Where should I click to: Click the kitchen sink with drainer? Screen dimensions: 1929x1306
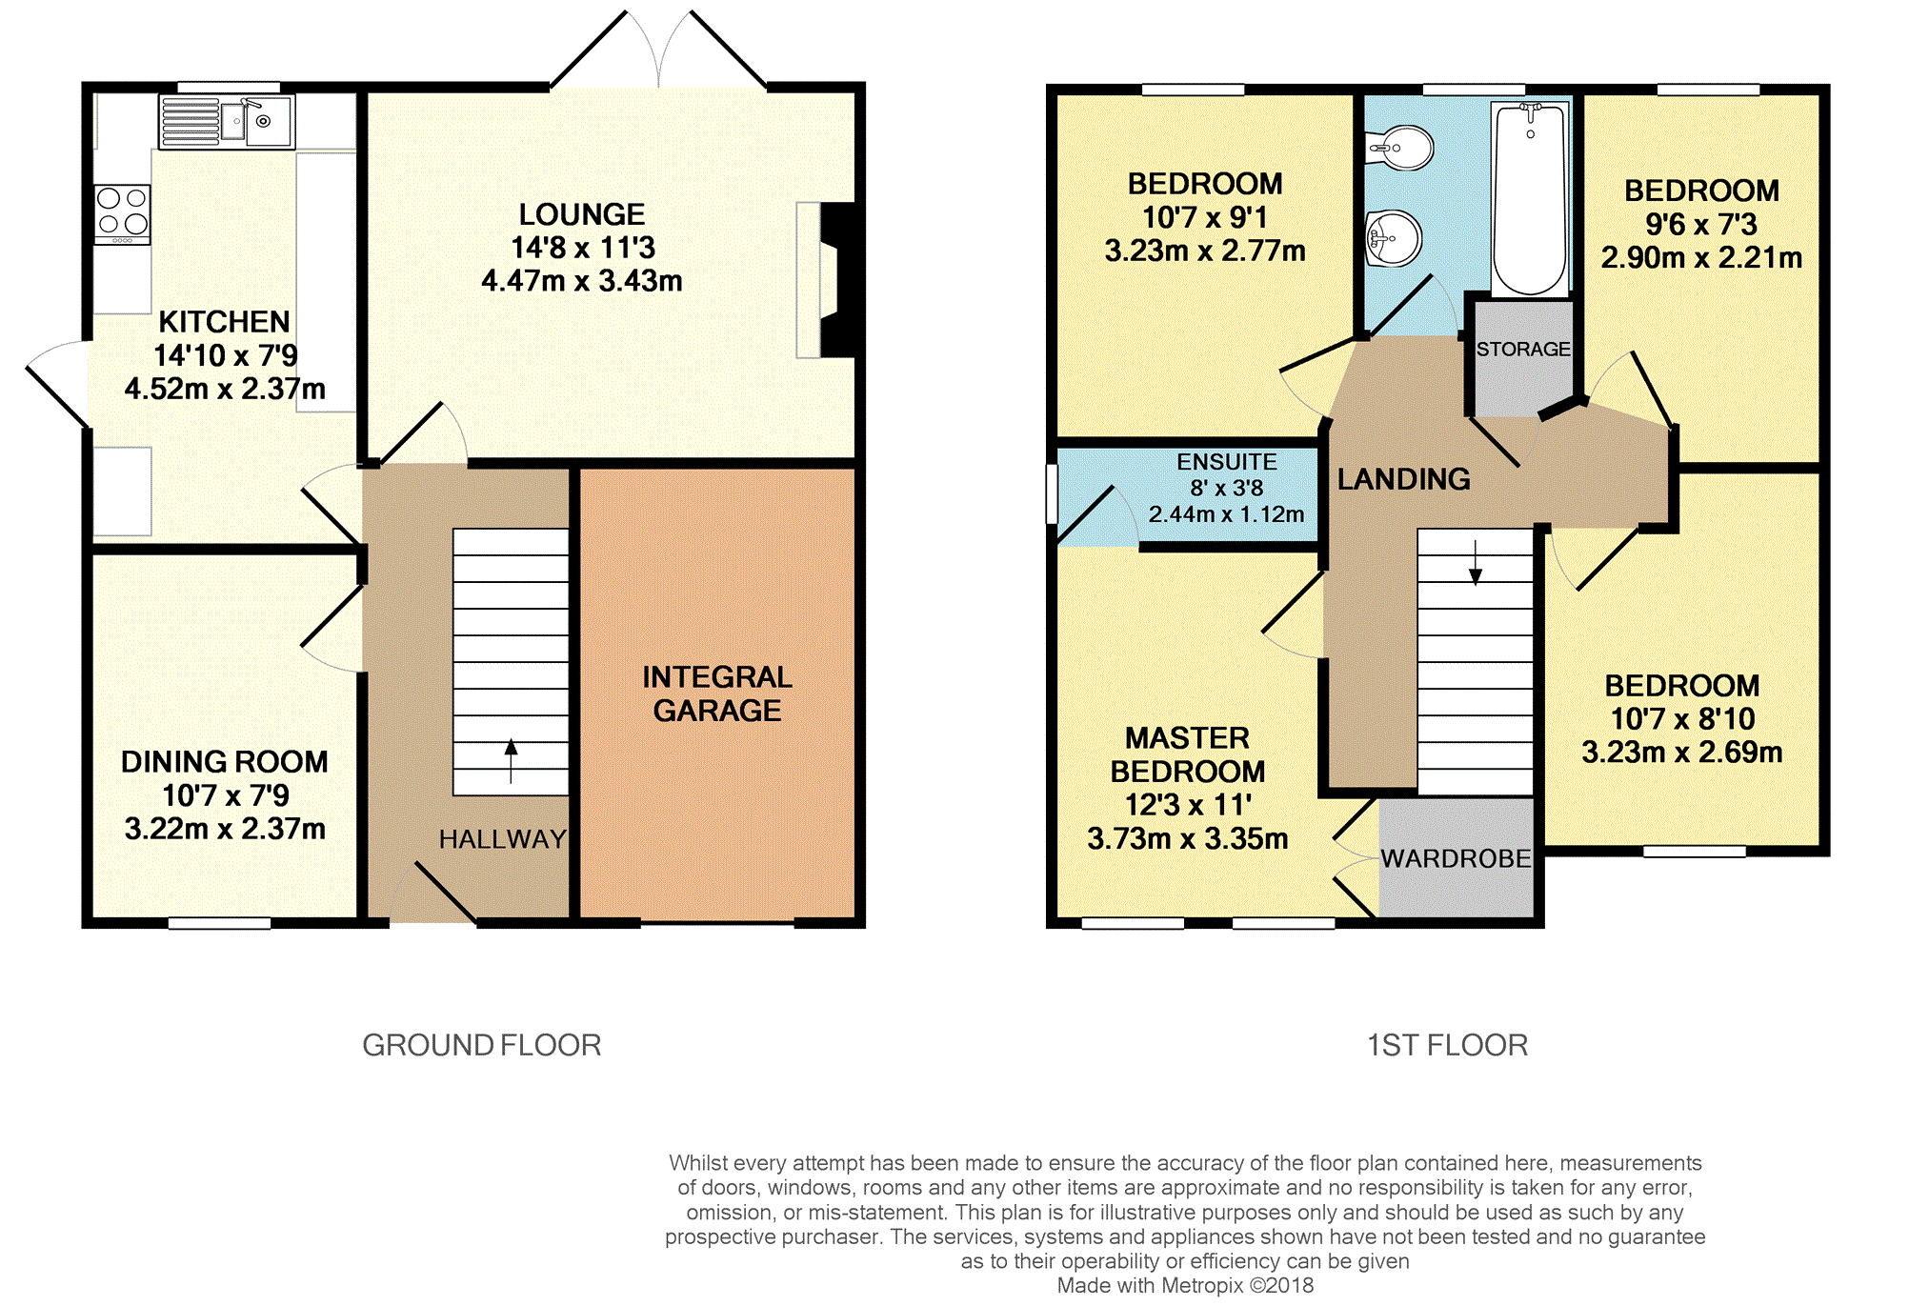(x=227, y=121)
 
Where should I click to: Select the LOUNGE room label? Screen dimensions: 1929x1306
(x=582, y=214)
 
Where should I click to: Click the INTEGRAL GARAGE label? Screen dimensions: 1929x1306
(x=717, y=693)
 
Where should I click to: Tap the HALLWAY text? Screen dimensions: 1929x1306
(x=503, y=839)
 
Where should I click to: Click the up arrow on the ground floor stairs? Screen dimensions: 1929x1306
(x=512, y=760)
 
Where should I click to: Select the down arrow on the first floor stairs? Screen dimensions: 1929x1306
(x=1476, y=562)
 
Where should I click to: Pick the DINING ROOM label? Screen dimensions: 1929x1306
(x=225, y=762)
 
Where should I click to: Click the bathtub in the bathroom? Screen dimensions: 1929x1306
(x=1530, y=198)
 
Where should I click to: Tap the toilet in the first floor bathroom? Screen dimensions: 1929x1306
(x=1399, y=148)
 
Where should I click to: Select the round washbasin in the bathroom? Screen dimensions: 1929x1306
(x=1394, y=238)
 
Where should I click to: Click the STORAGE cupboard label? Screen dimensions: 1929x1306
(x=1523, y=350)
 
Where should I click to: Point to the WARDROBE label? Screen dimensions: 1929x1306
(x=1457, y=859)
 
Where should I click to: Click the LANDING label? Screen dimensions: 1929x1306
(x=1404, y=479)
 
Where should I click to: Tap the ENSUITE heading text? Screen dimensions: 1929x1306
(x=1227, y=462)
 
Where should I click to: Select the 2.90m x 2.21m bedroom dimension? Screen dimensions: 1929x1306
(x=1701, y=258)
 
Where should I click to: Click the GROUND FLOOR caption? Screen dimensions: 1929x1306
(x=482, y=1045)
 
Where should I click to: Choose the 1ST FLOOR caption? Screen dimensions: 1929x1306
(x=1448, y=1045)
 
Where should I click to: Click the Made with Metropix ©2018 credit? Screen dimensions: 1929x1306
(x=1185, y=1286)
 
